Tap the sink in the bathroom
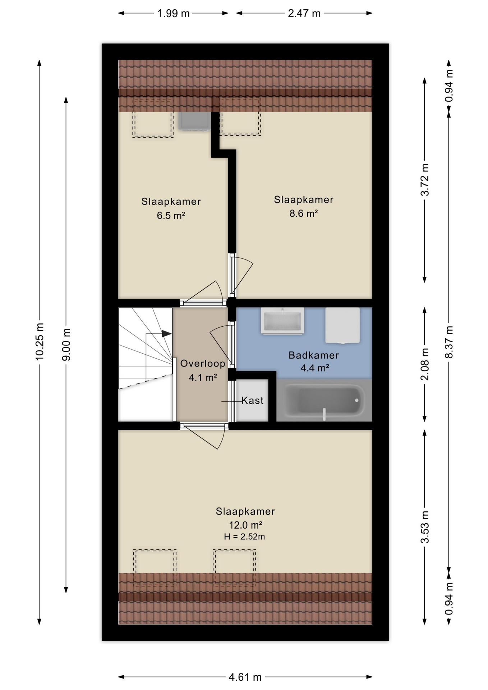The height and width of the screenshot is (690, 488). pos(282,321)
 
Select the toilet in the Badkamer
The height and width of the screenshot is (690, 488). pos(342,325)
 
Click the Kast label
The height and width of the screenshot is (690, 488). pos(252,400)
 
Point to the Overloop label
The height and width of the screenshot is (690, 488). pos(203,363)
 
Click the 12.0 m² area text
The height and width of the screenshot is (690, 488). pos(245,525)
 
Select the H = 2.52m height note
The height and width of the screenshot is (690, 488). pos(244,537)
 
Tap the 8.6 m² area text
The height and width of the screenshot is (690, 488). pos(304,213)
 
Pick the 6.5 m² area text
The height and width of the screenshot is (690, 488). pos(171,216)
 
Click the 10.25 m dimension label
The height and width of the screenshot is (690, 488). pos(40,341)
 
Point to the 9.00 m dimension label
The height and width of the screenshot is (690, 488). pos(66,344)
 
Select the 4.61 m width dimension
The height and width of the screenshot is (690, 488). pos(245,677)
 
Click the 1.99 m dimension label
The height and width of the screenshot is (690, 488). pos(173,13)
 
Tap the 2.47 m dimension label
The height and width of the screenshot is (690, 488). pos(304,13)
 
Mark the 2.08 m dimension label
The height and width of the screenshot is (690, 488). pos(425,364)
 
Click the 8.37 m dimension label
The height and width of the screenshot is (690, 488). pos(449,342)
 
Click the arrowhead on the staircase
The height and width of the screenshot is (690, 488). pos(166,333)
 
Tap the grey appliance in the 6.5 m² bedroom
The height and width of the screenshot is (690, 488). pos(194,121)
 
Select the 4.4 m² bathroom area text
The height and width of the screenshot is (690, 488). pos(315,368)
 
